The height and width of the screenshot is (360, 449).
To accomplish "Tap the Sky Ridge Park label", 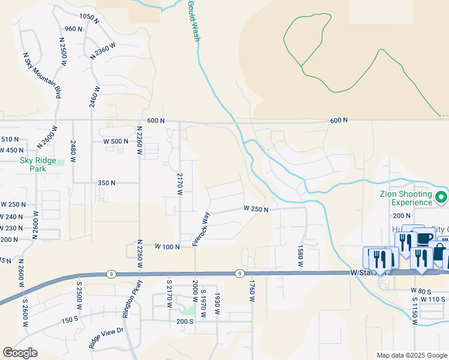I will tap(38, 164).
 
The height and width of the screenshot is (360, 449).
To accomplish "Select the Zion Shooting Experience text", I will tap(406, 199).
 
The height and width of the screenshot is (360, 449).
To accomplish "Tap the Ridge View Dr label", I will tap(106, 338).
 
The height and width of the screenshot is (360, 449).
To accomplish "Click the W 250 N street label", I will tap(255, 209).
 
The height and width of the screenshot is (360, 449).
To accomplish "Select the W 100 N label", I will tap(167, 247).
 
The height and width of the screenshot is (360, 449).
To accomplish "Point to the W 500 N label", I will tap(116, 142).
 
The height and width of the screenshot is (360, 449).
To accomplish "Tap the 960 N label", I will tap(73, 29).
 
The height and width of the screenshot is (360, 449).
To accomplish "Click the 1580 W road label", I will tap(300, 255).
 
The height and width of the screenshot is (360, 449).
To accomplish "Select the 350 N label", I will tap(106, 182).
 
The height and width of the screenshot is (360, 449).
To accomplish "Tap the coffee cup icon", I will tap(424, 238).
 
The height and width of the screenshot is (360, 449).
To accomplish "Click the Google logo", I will tap(20, 353).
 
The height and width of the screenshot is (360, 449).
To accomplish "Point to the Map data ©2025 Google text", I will tap(411, 355).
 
